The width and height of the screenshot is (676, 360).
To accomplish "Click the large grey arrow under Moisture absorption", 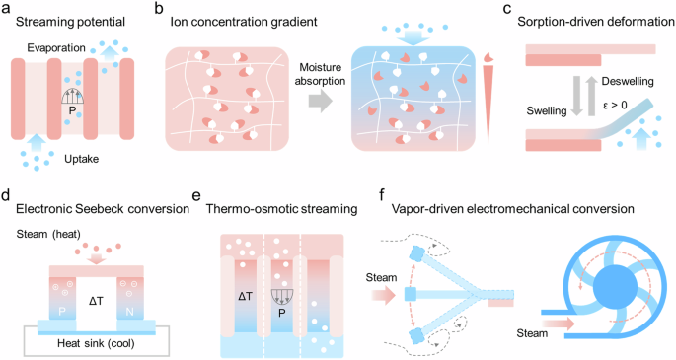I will [310, 100].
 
